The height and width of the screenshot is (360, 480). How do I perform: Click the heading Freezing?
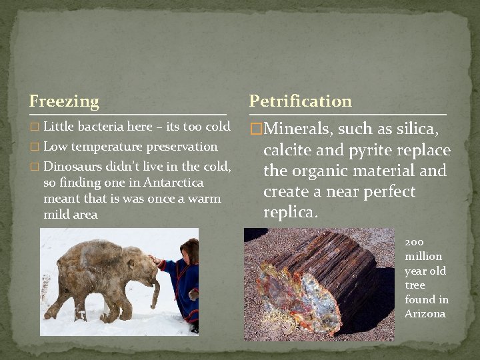point(64,101)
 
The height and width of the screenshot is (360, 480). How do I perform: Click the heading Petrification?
point(300,101)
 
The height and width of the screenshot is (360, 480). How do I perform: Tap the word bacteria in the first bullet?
point(101,127)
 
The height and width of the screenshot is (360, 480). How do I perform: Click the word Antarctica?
point(171,183)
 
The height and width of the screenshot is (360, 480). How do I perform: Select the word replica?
point(290,213)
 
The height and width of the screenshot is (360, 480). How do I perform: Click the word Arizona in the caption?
point(425,314)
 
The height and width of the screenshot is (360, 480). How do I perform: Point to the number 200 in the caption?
point(414,242)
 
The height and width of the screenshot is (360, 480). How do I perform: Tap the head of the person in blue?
point(189,249)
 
